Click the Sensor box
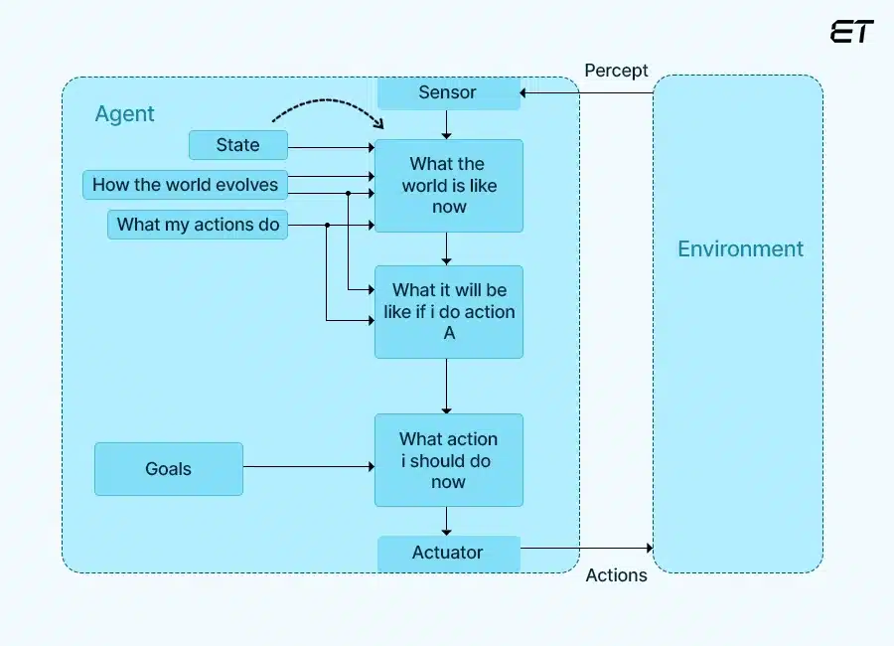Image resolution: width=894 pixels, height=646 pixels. pos(448,93)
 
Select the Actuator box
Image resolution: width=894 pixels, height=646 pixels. pos(448,554)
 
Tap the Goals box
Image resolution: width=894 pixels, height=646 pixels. pos(168,469)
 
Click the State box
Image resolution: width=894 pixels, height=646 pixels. pos(237,145)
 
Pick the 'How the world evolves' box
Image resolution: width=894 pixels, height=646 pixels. pos(186,185)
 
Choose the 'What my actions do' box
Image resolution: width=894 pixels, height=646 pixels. pos(198,225)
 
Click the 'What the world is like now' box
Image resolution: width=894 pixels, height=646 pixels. pos(448,186)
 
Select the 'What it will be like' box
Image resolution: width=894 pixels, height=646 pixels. pos(448,312)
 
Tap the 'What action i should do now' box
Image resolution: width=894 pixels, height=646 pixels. pos(448,460)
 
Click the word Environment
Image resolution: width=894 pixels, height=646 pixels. pos(740,249)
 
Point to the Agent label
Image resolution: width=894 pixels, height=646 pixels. pos(124,114)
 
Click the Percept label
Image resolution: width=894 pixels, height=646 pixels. pos(616,71)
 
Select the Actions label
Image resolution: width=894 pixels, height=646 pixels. pos(616,575)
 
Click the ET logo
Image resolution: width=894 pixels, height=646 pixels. pos(851,32)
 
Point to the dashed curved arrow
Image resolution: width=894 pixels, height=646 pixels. pos(328,103)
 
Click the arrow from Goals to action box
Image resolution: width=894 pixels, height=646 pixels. pos(308,467)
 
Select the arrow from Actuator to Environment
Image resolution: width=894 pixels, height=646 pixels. pos(586,548)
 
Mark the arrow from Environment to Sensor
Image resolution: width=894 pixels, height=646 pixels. pos(586,93)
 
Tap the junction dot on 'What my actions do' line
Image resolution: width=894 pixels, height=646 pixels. pos(327,226)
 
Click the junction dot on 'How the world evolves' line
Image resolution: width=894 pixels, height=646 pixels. pos(348,194)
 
